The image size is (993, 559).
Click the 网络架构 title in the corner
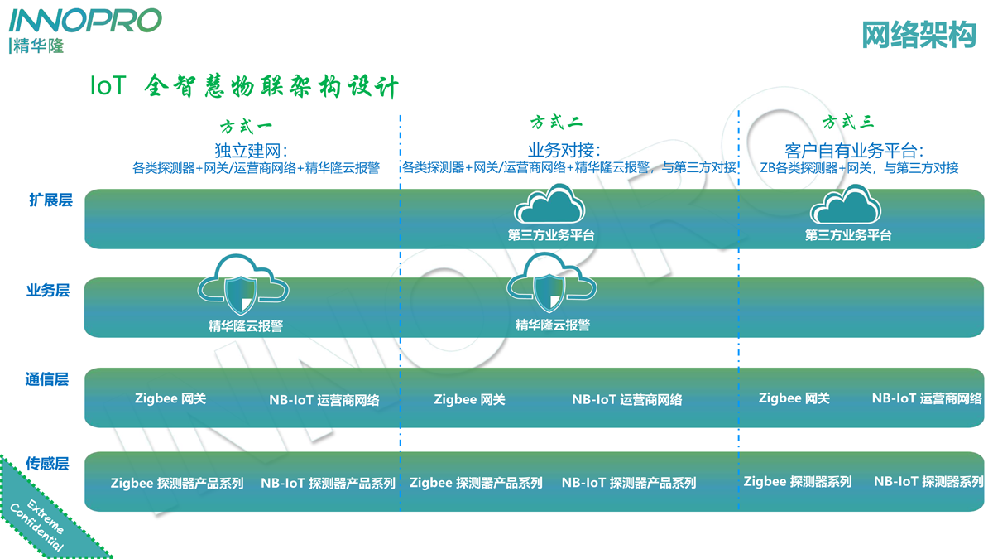(x=919, y=35)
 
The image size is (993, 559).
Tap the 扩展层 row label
(x=50, y=200)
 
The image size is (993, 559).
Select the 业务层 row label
(x=48, y=291)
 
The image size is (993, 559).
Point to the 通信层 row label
(x=47, y=380)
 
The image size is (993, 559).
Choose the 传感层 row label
(x=47, y=464)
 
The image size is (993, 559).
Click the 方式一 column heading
(x=246, y=127)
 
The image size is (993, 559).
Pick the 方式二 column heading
(x=556, y=123)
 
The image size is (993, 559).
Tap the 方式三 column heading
(x=848, y=123)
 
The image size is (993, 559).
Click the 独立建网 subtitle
(x=251, y=151)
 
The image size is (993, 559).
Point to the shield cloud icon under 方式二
(x=551, y=283)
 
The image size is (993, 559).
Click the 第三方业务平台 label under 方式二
(x=551, y=235)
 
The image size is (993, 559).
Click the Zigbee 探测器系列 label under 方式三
(x=798, y=481)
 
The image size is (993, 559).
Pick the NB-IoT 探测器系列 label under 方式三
(x=928, y=481)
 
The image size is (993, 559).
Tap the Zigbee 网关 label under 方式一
(x=170, y=398)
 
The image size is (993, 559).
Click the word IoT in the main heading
(x=108, y=86)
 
